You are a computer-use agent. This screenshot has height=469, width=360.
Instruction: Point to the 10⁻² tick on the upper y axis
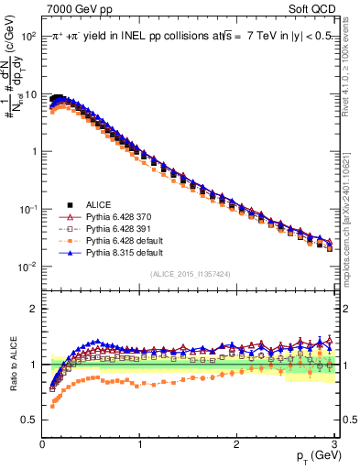pos(28,267)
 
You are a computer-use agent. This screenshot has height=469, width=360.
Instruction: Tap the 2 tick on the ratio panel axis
pos(33,309)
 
